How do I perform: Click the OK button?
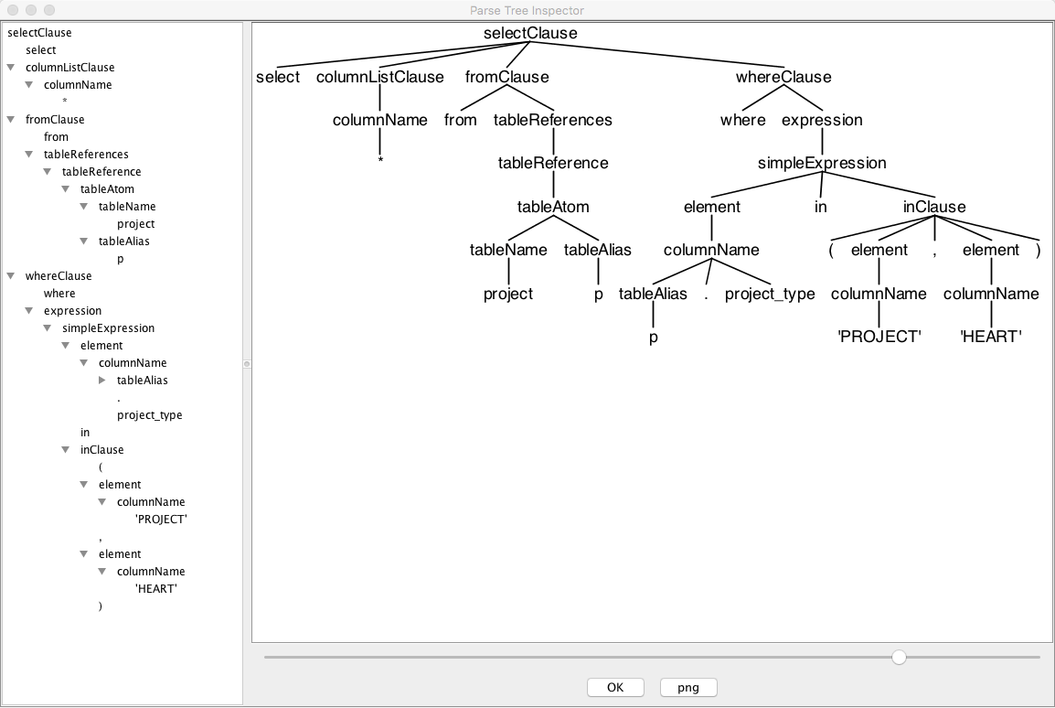pyautogui.click(x=615, y=687)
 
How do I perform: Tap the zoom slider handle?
pyautogui.click(x=899, y=657)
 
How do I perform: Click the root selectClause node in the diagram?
pyautogui.click(x=530, y=34)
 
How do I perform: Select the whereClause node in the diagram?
pyautogui.click(x=783, y=77)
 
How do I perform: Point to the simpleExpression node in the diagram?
pyautogui.click(x=822, y=163)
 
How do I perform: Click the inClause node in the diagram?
pyautogui.click(x=934, y=207)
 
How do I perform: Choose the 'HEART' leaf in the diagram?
pyautogui.click(x=991, y=337)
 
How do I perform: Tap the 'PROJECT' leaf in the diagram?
pyautogui.click(x=879, y=337)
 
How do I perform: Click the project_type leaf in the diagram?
pyautogui.click(x=770, y=294)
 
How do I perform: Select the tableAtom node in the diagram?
pyautogui.click(x=553, y=207)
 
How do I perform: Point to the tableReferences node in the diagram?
pyautogui.click(x=553, y=120)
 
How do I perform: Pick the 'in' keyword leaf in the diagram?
pyautogui.click(x=821, y=207)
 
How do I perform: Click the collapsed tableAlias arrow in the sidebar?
pyautogui.click(x=102, y=381)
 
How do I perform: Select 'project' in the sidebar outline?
pyautogui.click(x=135, y=224)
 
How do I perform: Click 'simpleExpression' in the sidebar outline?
pyautogui.click(x=108, y=328)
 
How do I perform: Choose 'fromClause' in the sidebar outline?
pyautogui.click(x=55, y=120)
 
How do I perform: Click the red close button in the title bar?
pyautogui.click(x=13, y=10)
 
